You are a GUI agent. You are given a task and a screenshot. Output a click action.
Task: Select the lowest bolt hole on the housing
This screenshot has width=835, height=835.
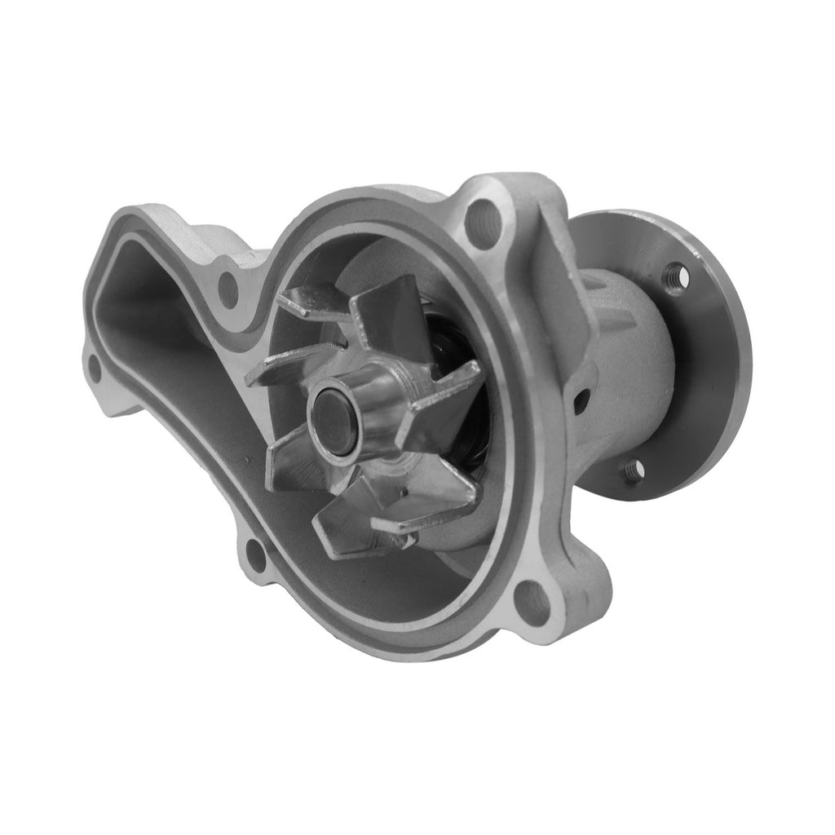tap(533, 600)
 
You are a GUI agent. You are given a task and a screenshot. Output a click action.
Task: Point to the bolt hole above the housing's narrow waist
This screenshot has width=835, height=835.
tap(228, 288)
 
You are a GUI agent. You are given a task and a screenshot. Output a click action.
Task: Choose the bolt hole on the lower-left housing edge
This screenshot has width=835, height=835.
tap(255, 554)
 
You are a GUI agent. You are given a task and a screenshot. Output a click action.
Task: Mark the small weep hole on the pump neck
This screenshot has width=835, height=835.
tap(581, 400)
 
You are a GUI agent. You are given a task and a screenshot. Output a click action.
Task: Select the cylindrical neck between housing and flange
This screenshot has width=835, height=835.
tap(628, 359)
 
